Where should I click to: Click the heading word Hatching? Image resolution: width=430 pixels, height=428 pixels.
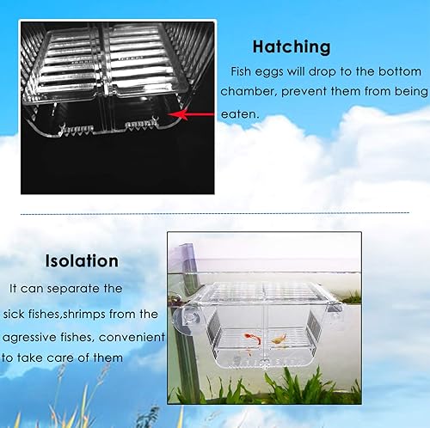point(292,46)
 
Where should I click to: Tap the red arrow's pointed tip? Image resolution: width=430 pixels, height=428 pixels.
point(173,113)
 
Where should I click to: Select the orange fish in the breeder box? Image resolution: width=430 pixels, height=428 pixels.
point(278,339)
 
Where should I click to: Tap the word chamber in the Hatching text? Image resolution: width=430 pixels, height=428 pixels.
point(247,91)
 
